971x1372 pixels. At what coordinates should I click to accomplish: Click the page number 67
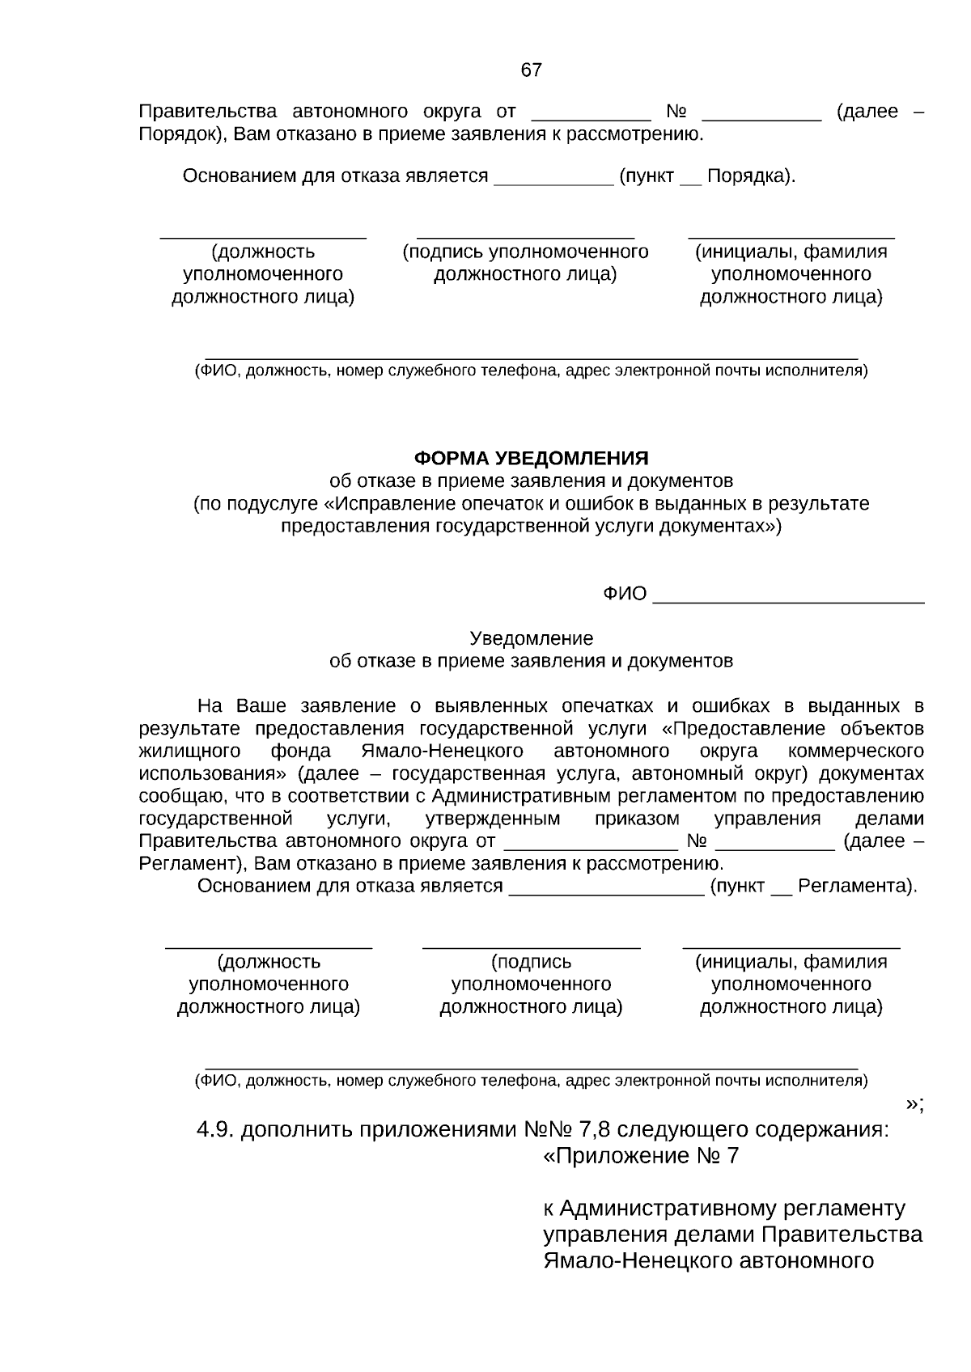[531, 70]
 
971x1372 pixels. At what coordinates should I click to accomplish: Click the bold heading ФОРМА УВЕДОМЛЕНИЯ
[531, 459]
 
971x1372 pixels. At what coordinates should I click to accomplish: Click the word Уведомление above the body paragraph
[531, 638]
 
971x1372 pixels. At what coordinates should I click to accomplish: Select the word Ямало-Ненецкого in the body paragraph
[442, 750]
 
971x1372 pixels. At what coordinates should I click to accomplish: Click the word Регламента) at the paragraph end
[857, 886]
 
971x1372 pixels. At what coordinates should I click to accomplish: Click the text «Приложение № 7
[641, 1156]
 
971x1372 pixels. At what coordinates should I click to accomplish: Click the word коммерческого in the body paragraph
[864, 750]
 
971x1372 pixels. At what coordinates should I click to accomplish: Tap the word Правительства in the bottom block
[841, 1235]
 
